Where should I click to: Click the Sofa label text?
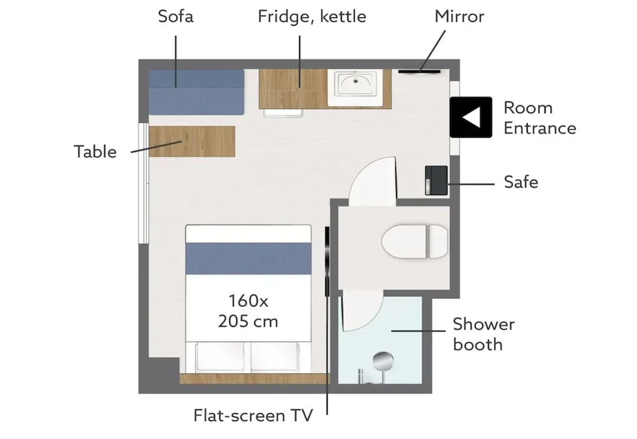pyautogui.click(x=176, y=16)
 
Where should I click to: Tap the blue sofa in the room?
pyautogui.click(x=196, y=92)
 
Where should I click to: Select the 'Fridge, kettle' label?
pyautogui.click(x=312, y=16)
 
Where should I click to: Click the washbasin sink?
pyautogui.click(x=356, y=84)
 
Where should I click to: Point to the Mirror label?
pyautogui.click(x=459, y=16)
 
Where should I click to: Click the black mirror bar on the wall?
pyautogui.click(x=419, y=72)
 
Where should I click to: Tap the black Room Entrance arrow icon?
pyautogui.click(x=471, y=117)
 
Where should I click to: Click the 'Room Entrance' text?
pyautogui.click(x=540, y=118)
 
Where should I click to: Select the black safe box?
pyautogui.click(x=436, y=180)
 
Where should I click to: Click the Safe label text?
pyautogui.click(x=521, y=182)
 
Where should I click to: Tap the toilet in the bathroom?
pyautogui.click(x=415, y=242)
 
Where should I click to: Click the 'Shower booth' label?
pyautogui.click(x=484, y=334)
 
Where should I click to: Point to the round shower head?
pyautogui.click(x=383, y=361)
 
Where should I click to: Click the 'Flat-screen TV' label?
pyautogui.click(x=253, y=415)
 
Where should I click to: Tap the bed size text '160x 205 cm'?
pyautogui.click(x=248, y=311)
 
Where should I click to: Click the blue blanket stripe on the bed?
pyautogui.click(x=249, y=259)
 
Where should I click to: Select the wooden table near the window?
pyautogui.click(x=192, y=141)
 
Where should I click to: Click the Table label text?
pyautogui.click(x=95, y=152)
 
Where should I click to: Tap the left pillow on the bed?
pyautogui.click(x=220, y=357)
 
